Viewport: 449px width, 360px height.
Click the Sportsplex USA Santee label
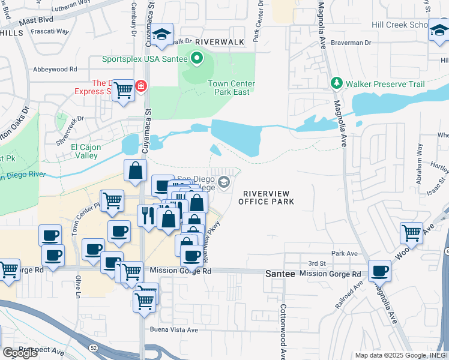tap(145, 59)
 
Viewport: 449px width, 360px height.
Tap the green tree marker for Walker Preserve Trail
tap(337, 83)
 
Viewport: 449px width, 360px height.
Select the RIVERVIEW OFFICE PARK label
tap(266, 197)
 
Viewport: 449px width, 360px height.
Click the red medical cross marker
tap(140, 86)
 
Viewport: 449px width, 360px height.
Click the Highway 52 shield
tap(94, 347)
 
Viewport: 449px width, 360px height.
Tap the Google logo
tap(19, 353)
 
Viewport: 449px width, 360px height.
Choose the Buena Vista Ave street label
tap(173, 330)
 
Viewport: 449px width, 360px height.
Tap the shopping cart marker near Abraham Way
tap(411, 232)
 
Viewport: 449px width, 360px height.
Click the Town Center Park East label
tap(231, 88)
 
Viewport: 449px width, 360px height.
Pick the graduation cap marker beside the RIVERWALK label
tap(161, 34)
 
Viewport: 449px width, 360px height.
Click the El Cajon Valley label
tap(85, 151)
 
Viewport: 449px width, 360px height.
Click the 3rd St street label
tap(316, 263)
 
